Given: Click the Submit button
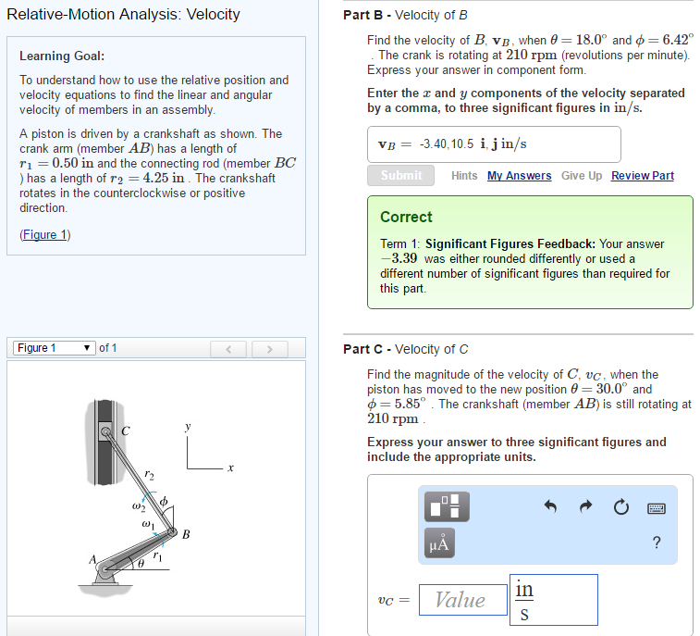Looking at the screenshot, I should click(401, 175).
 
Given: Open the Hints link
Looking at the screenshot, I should click(464, 176).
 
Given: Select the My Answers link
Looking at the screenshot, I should click(519, 176).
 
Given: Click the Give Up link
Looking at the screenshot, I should click(581, 176).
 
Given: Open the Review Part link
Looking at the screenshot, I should click(642, 176).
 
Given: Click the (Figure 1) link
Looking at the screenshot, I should click(44, 234).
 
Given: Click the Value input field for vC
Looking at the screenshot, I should click(461, 600).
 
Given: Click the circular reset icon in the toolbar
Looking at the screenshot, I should click(620, 507).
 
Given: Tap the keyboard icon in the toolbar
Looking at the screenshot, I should click(657, 507).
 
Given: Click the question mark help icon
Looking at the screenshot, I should click(657, 542).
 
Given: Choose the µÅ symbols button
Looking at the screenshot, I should click(440, 543).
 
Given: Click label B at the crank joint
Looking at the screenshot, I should click(186, 534).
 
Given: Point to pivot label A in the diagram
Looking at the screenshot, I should click(92, 560).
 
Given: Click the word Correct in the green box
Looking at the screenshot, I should click(406, 217).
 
